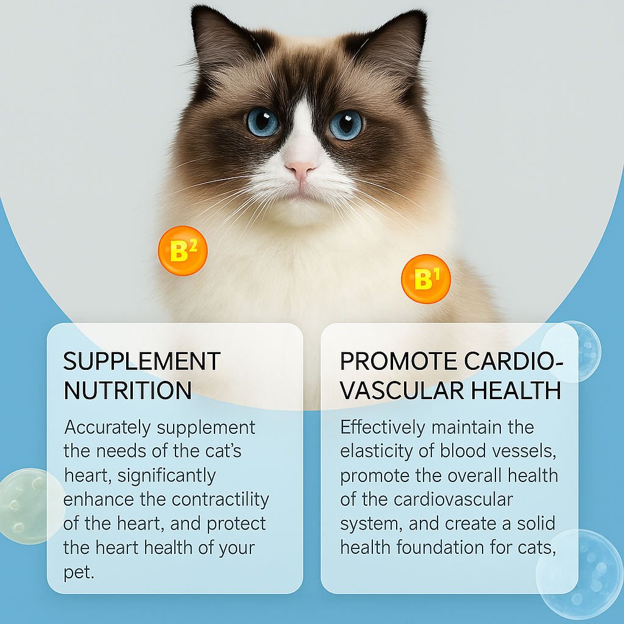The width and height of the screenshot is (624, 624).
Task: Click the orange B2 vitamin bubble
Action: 183,250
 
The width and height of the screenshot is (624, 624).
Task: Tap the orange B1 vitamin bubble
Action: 426,279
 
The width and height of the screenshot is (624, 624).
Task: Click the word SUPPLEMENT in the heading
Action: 141,361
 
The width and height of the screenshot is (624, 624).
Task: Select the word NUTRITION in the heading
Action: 128,390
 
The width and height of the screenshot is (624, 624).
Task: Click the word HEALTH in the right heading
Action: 516,390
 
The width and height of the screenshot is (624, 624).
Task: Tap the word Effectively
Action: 383,427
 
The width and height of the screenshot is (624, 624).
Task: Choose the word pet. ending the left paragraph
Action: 79,573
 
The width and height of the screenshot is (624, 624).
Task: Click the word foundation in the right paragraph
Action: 440,548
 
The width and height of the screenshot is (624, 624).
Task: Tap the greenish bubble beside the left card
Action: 32,506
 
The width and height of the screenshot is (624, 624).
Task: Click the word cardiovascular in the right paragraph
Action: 453,500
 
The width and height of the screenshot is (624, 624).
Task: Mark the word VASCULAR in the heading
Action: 402,390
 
